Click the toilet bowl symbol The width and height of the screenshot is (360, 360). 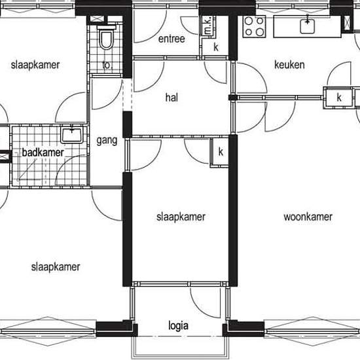(107, 38)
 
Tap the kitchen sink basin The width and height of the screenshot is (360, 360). (307, 26)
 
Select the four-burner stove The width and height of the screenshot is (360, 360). (254, 26)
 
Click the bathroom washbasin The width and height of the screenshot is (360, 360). (71, 135)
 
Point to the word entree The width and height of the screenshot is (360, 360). (171, 39)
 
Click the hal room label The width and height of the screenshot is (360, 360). (171, 98)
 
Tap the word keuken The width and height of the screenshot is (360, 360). (289, 65)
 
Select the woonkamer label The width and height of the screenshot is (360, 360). (308, 217)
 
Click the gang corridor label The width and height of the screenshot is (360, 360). (107, 141)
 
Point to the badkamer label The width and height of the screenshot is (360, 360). (43, 153)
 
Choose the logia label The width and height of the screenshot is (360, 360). (179, 326)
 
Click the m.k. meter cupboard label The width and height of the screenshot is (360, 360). (207, 26)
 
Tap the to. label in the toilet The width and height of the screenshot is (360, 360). (107, 65)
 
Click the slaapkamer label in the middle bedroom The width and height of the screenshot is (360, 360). (181, 217)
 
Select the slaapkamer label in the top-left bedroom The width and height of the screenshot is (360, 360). (35, 65)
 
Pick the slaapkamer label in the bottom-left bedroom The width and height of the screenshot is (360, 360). (56, 267)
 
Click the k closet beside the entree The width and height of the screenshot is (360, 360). (216, 47)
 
